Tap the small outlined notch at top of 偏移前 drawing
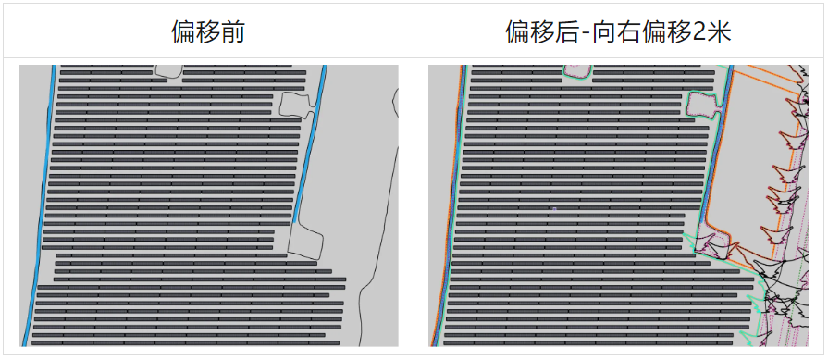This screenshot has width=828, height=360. point(167,70)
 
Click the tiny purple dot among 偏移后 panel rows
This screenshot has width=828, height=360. point(553,210)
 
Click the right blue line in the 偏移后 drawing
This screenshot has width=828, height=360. point(719,157)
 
